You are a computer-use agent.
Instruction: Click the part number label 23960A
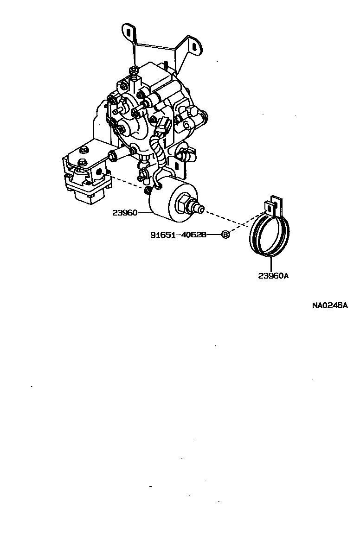tap(273, 276)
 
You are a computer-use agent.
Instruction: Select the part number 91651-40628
tap(178, 235)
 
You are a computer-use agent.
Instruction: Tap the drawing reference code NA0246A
tap(329, 305)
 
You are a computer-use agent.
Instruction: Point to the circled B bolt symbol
tap(225, 235)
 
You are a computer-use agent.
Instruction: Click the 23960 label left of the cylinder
tap(125, 213)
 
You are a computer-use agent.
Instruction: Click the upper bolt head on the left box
tap(84, 150)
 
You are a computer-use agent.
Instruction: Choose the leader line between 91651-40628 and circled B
tap(214, 235)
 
